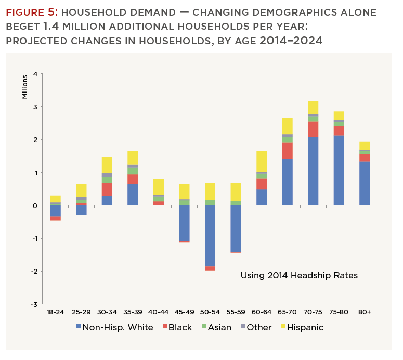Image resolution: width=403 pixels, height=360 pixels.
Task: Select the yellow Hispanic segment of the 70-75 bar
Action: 313,108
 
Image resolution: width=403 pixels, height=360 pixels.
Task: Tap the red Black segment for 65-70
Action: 287,150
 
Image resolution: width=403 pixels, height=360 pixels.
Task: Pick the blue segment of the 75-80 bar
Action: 339,170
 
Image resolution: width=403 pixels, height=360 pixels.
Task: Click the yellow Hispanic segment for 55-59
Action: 236,192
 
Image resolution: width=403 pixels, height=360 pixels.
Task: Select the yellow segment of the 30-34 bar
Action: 107,165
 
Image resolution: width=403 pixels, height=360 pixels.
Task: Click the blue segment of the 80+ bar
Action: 365,183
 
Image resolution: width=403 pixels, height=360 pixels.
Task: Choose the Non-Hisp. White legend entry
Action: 114,327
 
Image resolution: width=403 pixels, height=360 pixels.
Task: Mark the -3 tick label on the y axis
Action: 34,304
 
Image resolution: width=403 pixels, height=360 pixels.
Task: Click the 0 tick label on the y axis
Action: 35,205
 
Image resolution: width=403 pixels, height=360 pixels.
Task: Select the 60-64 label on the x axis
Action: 261,312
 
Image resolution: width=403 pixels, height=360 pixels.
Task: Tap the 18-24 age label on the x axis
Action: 55,312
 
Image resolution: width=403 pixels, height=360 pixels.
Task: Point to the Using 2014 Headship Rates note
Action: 299,275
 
